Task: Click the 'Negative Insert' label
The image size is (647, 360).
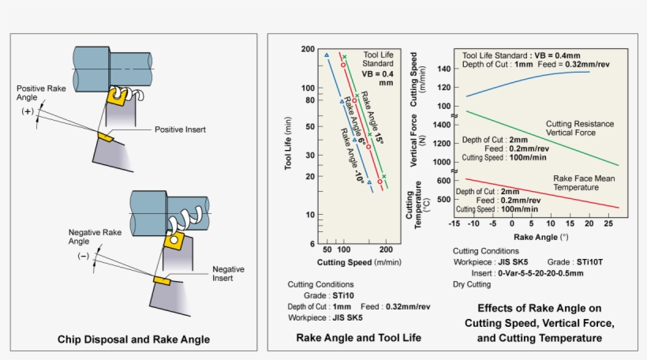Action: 228,274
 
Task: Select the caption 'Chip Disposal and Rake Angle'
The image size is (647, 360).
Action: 133,339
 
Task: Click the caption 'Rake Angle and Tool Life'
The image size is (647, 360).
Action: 358,337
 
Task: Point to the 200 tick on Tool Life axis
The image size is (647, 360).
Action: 307,49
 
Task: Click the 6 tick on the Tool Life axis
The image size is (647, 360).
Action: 310,243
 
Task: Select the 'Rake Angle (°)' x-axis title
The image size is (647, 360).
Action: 540,236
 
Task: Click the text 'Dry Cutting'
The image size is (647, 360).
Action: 471,283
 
